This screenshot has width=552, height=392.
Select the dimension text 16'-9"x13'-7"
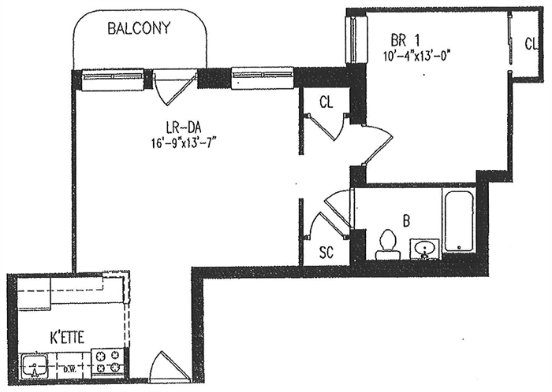pyautogui.click(x=184, y=143)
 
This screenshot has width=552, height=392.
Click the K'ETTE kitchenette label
pyautogui.click(x=66, y=338)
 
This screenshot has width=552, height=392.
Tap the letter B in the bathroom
pyautogui.click(x=407, y=222)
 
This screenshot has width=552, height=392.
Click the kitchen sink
pyautogui.click(x=35, y=366)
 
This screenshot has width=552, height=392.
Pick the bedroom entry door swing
pyautogui.click(x=374, y=146)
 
